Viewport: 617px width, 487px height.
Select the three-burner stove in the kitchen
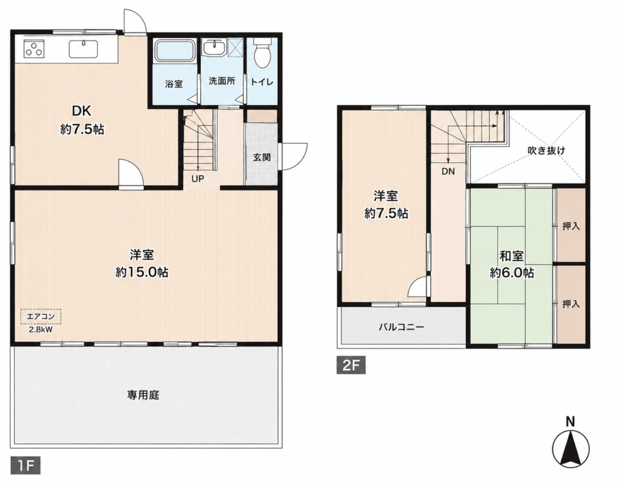34,48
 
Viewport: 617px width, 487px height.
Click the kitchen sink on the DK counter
83,48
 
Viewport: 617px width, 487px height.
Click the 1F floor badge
25,466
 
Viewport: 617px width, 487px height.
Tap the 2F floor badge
351,365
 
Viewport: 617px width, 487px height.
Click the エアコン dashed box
41,316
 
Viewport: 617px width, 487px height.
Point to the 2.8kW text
40,330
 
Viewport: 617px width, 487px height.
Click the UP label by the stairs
198,179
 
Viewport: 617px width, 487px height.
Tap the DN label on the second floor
448,172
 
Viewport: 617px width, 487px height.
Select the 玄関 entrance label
262,157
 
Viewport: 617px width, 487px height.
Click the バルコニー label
401,327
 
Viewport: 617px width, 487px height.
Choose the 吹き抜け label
547,150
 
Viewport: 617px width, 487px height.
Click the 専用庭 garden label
143,395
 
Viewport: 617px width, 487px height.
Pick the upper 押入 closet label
571,226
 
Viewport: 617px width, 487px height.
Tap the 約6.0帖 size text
512,273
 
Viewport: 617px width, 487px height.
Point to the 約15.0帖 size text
142,272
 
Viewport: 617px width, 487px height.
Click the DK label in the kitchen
81,111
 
